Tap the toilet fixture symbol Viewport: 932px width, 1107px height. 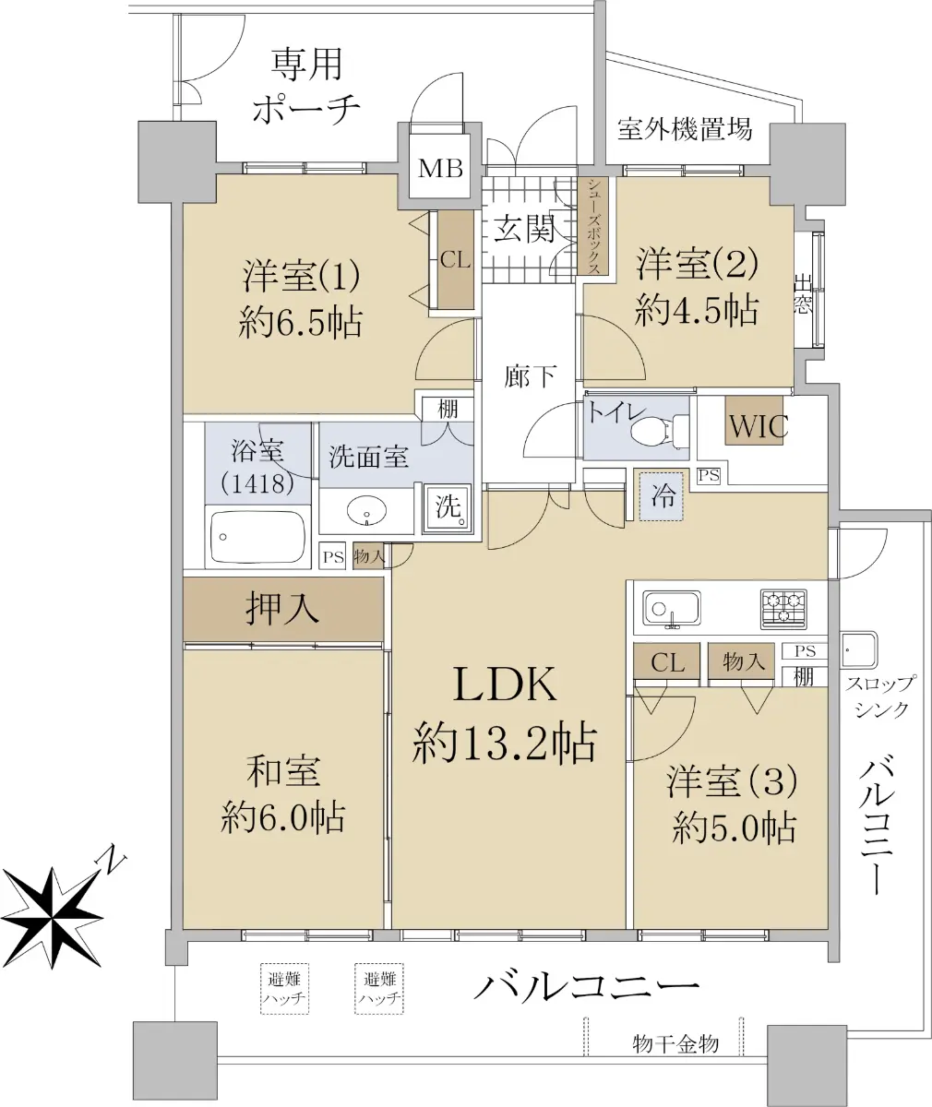click(654, 430)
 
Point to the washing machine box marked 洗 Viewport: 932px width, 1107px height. click(448, 507)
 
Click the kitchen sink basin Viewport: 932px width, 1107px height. click(671, 608)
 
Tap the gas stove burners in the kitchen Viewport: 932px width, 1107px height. click(783, 609)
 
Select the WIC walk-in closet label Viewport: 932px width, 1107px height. click(758, 426)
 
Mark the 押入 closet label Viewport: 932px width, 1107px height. click(282, 609)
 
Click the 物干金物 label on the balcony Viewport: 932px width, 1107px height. click(675, 1044)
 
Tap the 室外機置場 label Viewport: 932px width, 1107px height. click(684, 128)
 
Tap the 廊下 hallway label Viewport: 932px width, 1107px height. click(530, 375)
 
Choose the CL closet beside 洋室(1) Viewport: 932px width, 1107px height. click(455, 260)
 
